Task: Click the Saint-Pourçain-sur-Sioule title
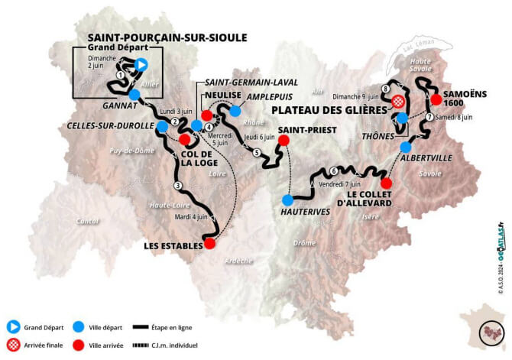point(171,37)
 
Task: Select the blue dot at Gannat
point(134,95)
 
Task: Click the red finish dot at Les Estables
point(209,245)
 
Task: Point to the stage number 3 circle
point(178,186)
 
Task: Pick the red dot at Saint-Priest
point(284,141)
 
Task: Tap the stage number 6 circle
point(334,170)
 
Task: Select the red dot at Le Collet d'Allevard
point(386,183)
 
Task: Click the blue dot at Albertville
point(406,146)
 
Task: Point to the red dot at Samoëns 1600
point(436,99)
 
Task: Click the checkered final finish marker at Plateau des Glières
point(397,102)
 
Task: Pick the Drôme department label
point(304,243)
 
